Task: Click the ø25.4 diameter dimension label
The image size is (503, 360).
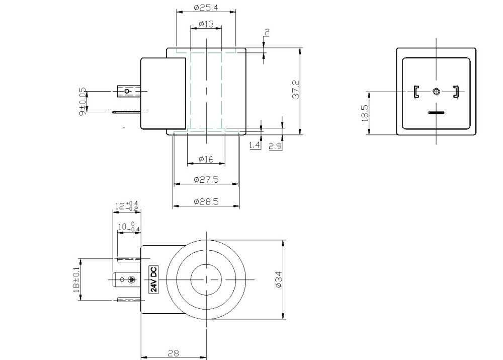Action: click(206, 8)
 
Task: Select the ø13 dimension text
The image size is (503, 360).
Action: click(206, 24)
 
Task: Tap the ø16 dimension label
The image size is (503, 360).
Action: click(206, 159)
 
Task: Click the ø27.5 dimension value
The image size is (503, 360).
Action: click(206, 180)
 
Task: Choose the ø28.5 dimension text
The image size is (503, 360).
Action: click(206, 202)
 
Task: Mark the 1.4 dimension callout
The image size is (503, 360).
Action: click(255, 145)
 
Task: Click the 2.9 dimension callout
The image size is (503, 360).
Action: click(275, 147)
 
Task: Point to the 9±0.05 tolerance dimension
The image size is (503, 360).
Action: click(83, 102)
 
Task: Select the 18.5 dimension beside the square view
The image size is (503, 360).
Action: click(365, 113)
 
